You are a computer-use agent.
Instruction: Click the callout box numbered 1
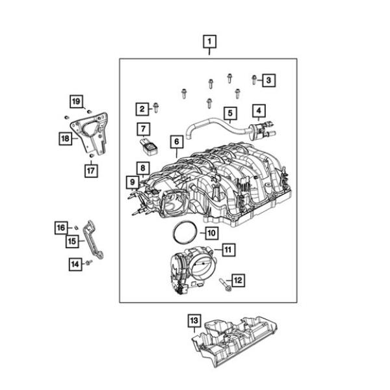coord(209,42)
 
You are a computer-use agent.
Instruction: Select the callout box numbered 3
coord(270,80)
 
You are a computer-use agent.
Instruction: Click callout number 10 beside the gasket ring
coord(211,231)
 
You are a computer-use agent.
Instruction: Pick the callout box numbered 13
coord(193,320)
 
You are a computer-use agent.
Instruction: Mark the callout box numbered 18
coord(66,138)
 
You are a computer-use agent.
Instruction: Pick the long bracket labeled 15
coord(96,242)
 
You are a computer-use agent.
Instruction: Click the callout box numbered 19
coord(77,101)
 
